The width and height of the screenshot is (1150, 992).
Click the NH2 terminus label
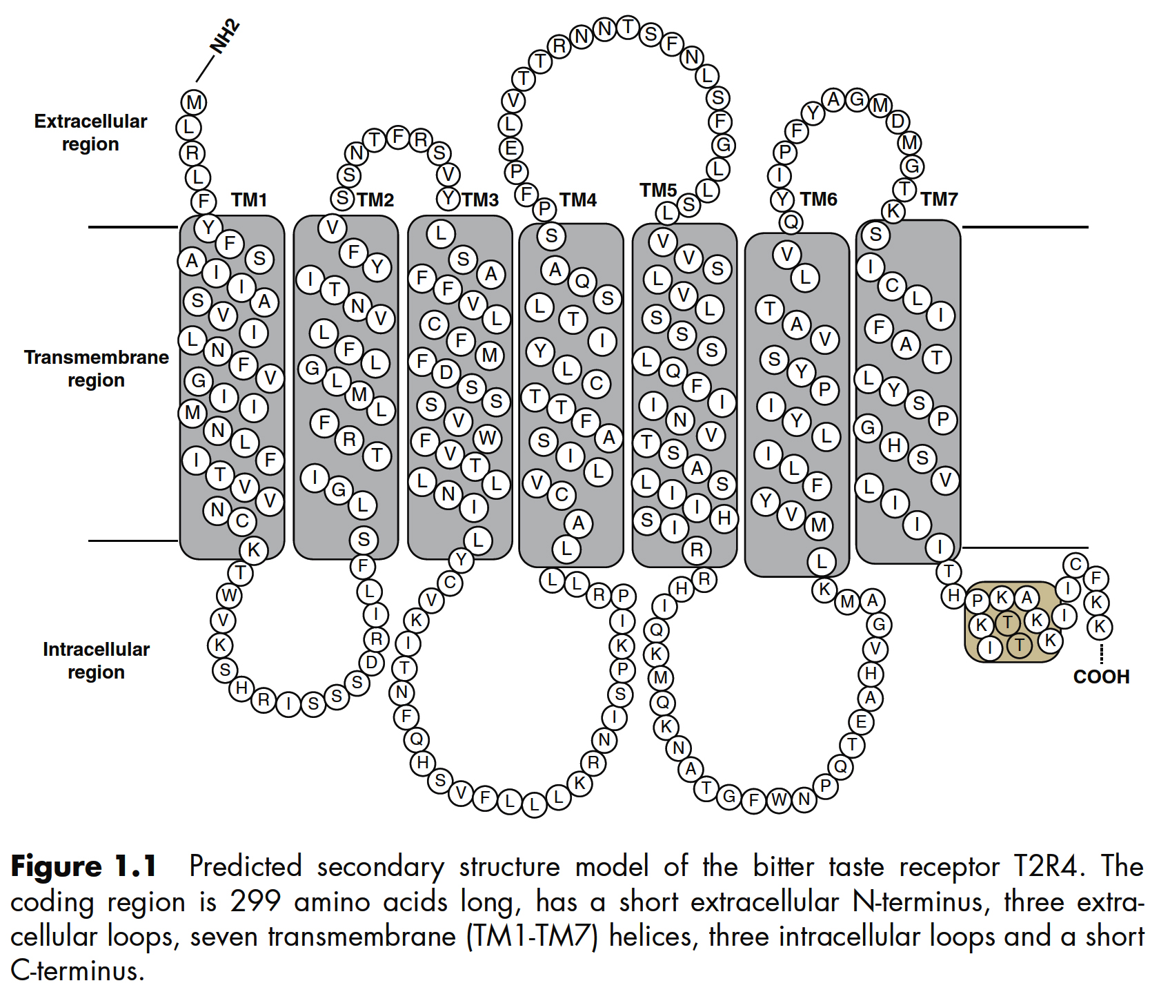tap(226, 37)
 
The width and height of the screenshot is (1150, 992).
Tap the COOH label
tap(1101, 677)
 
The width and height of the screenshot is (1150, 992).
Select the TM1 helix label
tap(249, 200)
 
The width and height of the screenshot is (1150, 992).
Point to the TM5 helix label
tap(658, 190)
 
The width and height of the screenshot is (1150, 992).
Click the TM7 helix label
tap(939, 200)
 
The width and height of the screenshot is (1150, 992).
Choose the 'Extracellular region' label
tap(90, 133)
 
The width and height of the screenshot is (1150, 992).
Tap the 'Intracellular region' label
tap(96, 661)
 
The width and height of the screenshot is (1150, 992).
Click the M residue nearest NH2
tap(194, 103)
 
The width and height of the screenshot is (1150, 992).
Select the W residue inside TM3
tap(488, 438)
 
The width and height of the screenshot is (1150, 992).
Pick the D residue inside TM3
tap(446, 373)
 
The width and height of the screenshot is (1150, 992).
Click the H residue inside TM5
tap(724, 518)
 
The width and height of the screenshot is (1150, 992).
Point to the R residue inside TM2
tap(350, 440)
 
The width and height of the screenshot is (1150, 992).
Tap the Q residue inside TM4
tap(582, 281)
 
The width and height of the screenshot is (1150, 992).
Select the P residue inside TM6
tap(824, 391)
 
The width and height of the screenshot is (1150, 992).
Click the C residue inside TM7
tap(892, 285)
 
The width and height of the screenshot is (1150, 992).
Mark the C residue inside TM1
tap(242, 521)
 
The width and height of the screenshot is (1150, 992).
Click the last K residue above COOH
tap(1100, 627)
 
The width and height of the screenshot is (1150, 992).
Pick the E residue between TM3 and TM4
tap(511, 148)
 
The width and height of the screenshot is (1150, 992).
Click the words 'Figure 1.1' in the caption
tap(83, 867)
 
